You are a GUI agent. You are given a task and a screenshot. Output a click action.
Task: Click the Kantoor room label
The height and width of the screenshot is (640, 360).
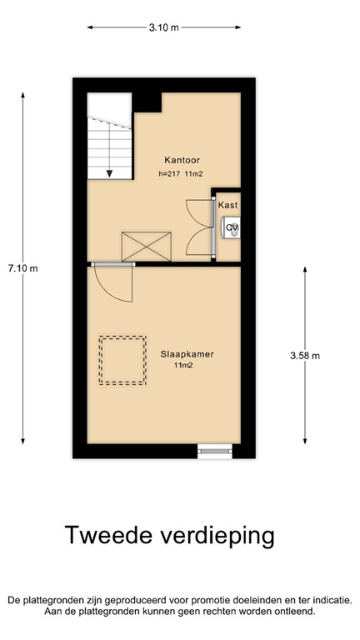[x=182, y=159]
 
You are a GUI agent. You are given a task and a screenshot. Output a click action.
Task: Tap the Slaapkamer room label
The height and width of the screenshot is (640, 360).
[x=187, y=353]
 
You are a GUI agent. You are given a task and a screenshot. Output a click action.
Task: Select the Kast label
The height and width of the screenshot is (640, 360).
[x=227, y=205]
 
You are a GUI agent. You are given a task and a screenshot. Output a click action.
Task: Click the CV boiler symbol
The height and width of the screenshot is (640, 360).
[x=232, y=227]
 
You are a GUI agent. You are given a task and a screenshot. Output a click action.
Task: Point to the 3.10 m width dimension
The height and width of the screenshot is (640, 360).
[x=164, y=27]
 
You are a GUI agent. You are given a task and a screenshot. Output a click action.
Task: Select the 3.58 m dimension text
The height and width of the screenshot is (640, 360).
[x=305, y=356]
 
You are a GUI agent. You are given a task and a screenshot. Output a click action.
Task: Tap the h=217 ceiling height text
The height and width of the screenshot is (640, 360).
[x=169, y=174]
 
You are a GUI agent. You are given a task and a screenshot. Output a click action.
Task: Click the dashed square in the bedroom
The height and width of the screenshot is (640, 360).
[x=122, y=360]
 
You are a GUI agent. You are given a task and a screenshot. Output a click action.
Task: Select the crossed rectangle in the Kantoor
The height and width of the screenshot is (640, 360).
[x=146, y=247]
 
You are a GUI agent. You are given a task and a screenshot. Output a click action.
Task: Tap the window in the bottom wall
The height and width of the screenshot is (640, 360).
[x=213, y=451]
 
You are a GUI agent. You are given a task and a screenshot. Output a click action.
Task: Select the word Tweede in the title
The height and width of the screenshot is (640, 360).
[x=106, y=536]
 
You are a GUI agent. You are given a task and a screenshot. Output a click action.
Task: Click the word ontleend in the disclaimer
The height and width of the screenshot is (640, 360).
[x=291, y=611]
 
